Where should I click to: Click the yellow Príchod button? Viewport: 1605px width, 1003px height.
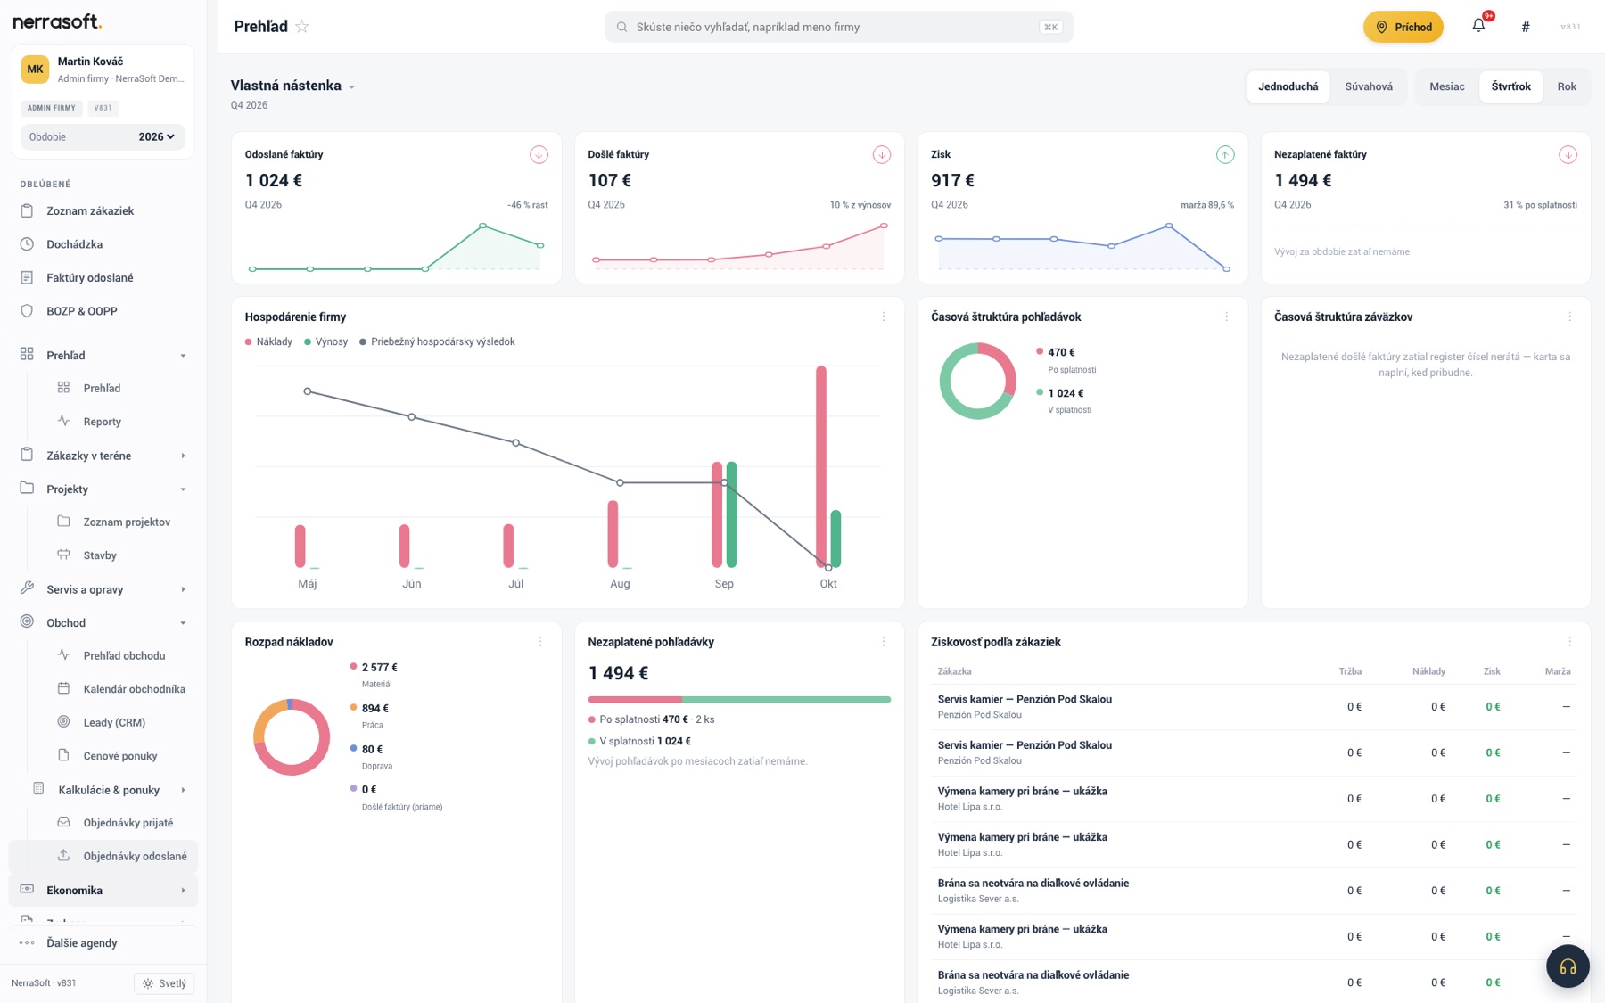click(x=1403, y=27)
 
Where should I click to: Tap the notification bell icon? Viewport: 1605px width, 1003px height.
click(x=1478, y=26)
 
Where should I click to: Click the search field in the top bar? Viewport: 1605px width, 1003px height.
click(x=838, y=27)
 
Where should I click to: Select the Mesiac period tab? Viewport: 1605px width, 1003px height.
click(x=1446, y=86)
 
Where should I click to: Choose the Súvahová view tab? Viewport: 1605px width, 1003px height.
click(x=1368, y=86)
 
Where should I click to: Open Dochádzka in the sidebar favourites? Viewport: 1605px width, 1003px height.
click(x=74, y=244)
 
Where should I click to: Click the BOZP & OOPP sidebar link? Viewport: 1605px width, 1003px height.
click(x=81, y=311)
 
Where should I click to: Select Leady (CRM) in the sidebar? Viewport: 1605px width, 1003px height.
click(x=114, y=722)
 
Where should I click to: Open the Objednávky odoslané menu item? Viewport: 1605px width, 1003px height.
click(x=135, y=856)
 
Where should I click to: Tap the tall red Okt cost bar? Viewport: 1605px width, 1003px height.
click(x=821, y=465)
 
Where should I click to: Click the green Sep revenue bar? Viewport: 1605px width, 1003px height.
click(x=731, y=514)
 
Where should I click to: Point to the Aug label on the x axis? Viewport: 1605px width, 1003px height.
click(x=620, y=584)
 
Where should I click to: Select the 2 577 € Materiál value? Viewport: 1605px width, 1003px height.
click(x=380, y=667)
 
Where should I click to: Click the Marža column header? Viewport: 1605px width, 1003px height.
click(x=1558, y=671)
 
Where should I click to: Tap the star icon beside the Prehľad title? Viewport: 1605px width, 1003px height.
click(x=302, y=27)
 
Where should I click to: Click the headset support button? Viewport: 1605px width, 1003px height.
click(x=1568, y=966)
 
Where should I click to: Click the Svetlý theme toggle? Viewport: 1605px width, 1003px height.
click(x=164, y=983)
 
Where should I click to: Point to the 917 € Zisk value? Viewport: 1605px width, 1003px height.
click(x=952, y=180)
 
